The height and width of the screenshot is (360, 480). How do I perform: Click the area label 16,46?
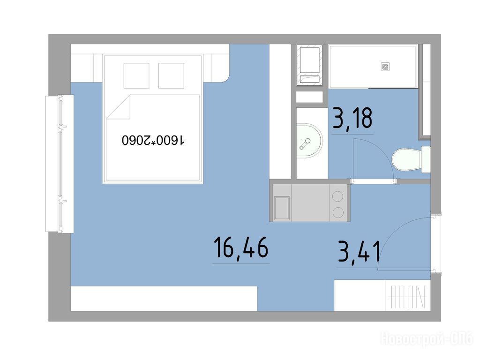[241, 247]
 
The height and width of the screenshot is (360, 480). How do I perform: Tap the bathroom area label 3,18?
[352, 118]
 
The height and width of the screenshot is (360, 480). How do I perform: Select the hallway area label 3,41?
[359, 252]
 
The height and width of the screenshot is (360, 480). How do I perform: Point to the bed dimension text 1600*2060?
[153, 140]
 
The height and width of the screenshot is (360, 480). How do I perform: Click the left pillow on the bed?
[136, 75]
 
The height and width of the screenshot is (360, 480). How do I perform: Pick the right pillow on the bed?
[171, 75]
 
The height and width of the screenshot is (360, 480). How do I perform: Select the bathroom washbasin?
[309, 141]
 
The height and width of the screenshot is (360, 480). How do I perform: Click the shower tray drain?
[385, 67]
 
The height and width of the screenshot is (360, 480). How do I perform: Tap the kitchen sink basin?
[282, 208]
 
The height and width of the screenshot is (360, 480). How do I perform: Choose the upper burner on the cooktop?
[337, 196]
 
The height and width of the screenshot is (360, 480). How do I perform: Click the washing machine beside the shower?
[309, 66]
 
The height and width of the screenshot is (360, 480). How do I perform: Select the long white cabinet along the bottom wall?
[164, 299]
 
